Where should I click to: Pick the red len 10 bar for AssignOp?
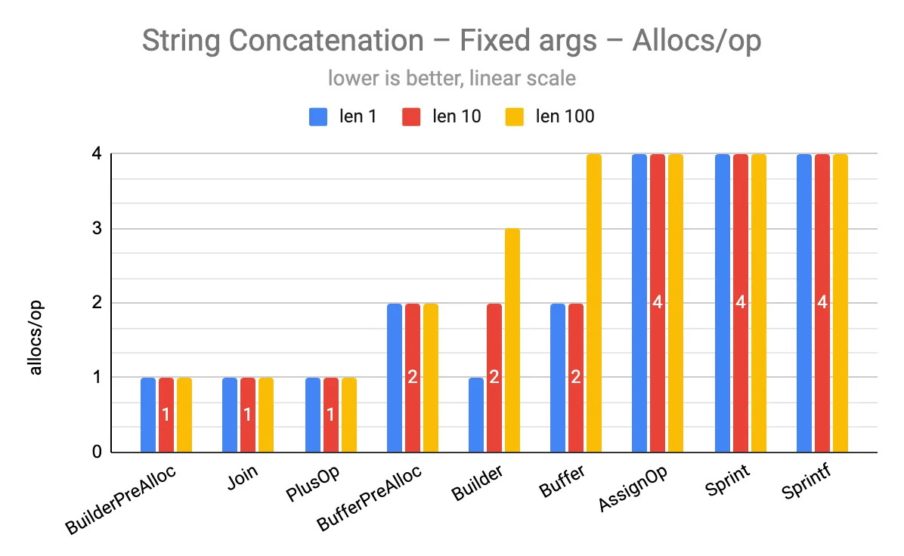pos(658,227)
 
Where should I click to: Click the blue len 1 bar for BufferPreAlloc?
pos(395,378)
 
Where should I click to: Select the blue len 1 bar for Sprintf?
pos(804,302)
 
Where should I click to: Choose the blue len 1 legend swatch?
pos(318,116)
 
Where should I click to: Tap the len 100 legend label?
pos(565,116)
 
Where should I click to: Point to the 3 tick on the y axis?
pos(97,228)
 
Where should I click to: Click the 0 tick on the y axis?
pos(97,452)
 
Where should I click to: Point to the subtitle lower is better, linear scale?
pos(451,78)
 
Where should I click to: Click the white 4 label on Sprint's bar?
pos(741,303)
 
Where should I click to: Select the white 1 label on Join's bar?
pos(248,415)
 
